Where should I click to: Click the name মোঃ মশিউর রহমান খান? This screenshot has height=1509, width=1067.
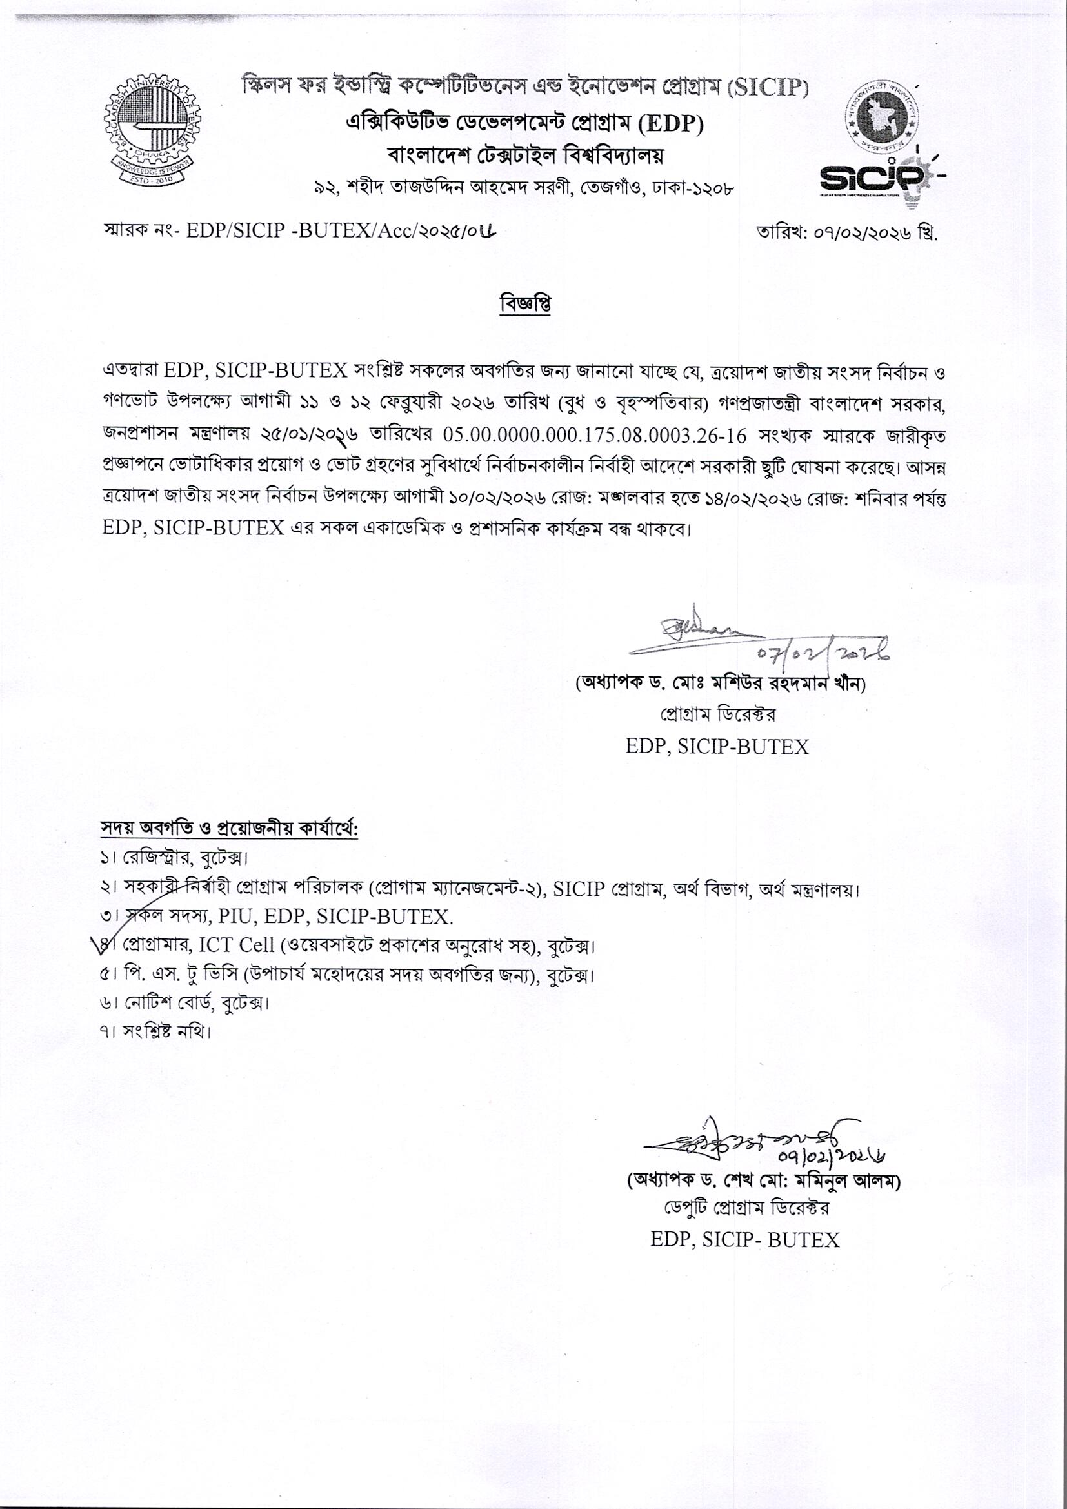click(x=755, y=684)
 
